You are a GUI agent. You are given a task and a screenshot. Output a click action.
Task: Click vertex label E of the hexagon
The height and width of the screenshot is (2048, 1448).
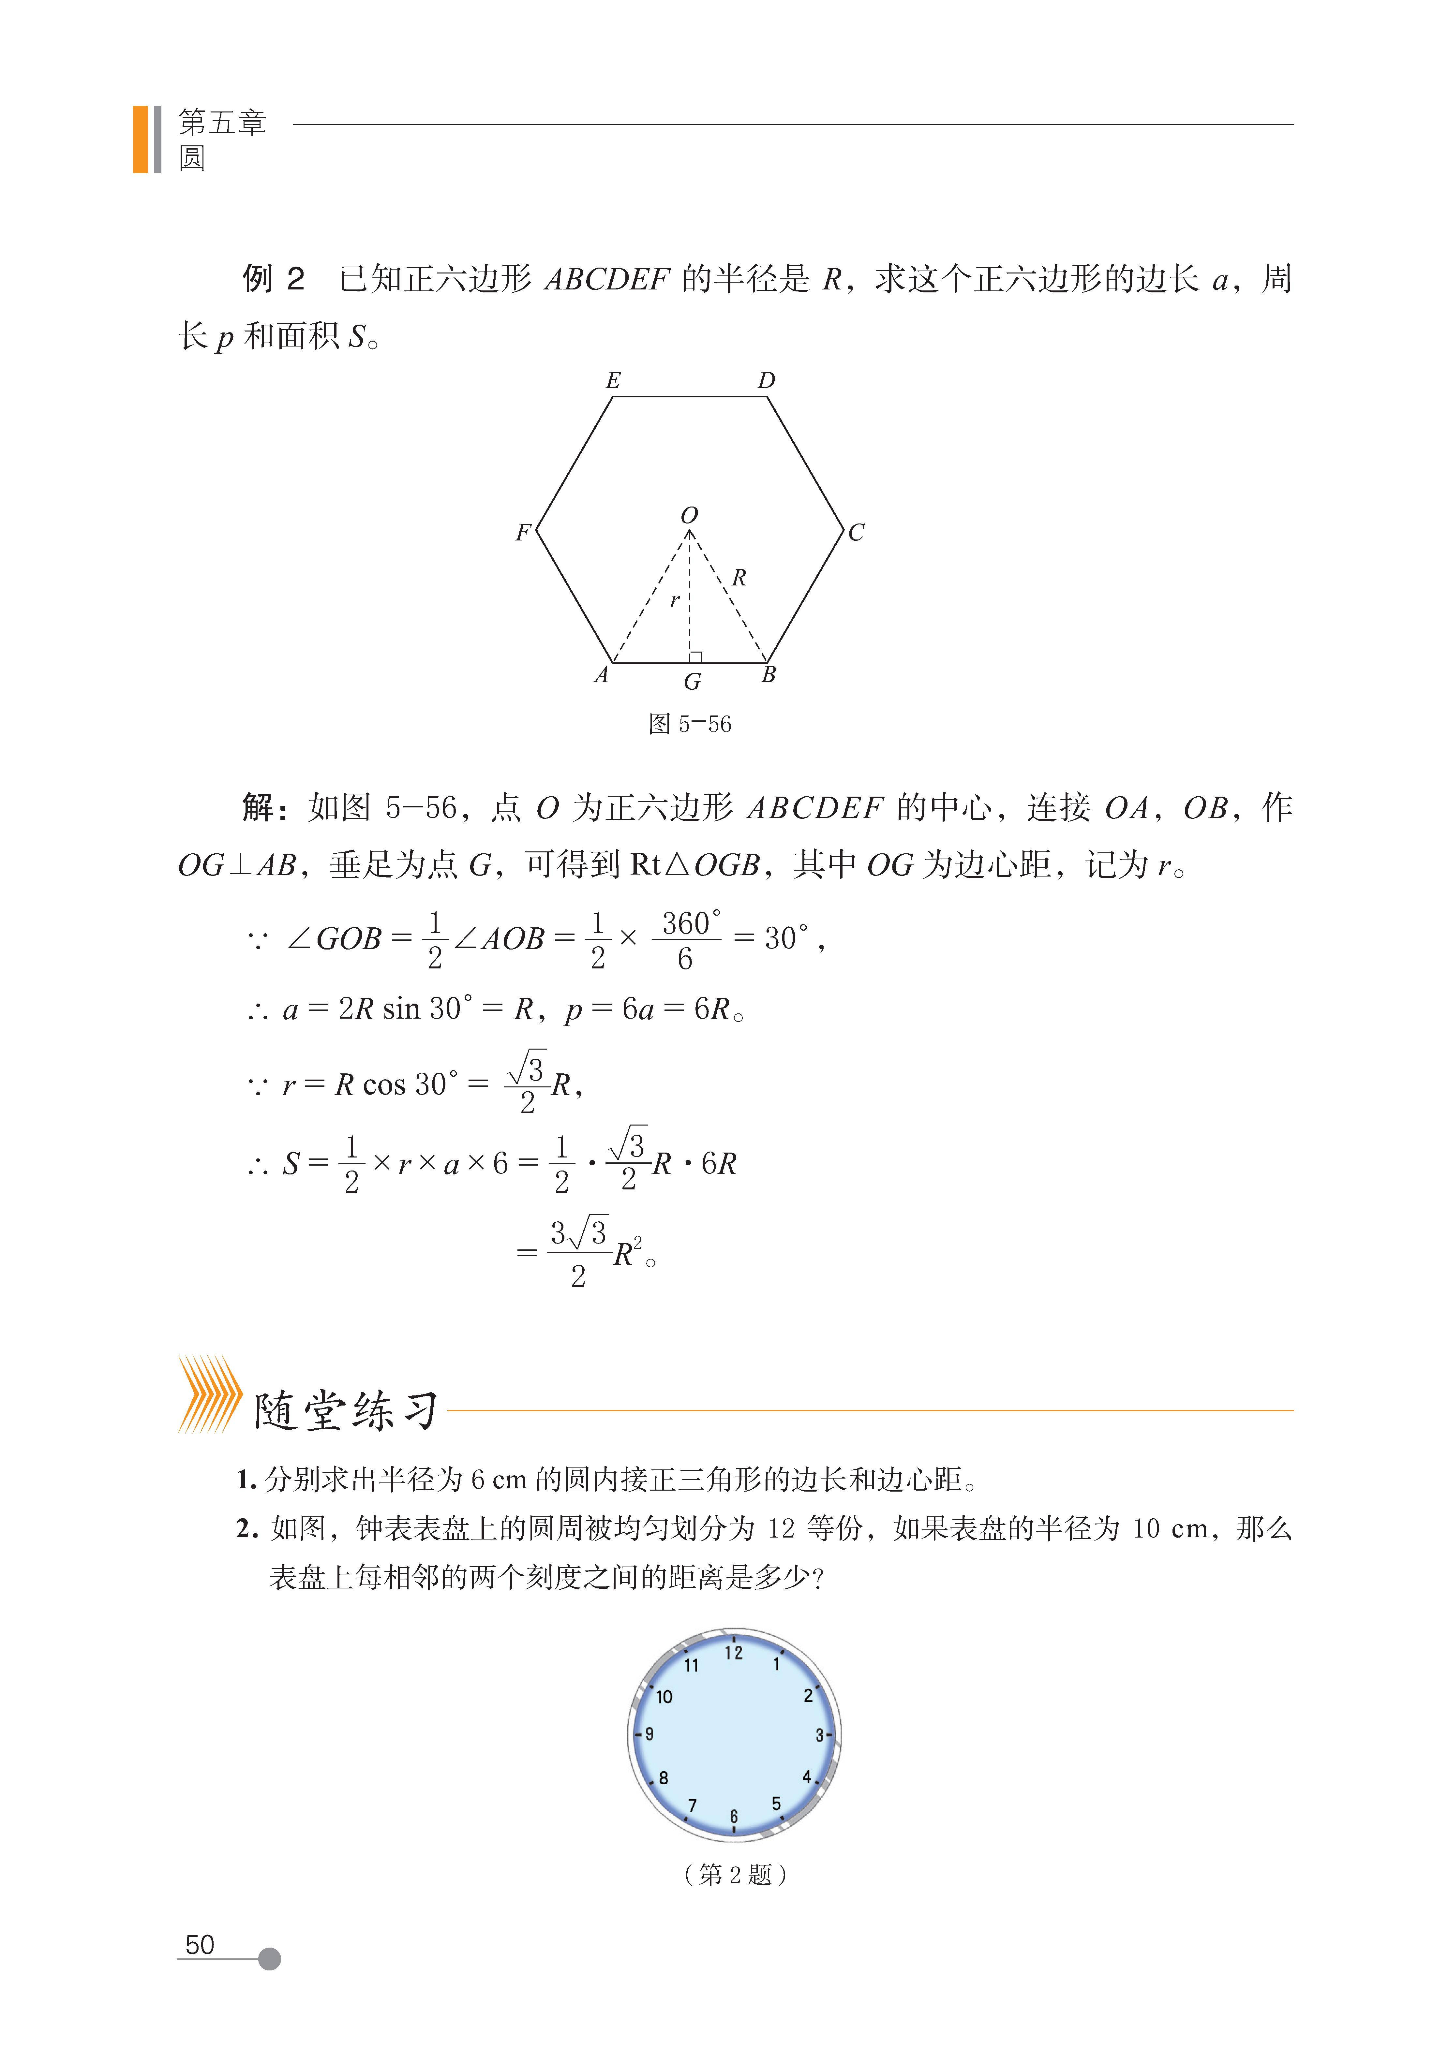point(613,381)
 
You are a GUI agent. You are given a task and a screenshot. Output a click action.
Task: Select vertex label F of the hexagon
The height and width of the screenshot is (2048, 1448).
point(523,533)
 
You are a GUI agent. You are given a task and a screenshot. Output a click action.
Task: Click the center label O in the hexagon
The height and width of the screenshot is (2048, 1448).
point(689,516)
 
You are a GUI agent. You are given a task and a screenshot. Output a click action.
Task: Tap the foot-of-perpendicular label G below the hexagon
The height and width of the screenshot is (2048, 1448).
point(692,682)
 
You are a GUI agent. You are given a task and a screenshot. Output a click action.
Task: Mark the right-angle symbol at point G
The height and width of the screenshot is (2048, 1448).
point(696,657)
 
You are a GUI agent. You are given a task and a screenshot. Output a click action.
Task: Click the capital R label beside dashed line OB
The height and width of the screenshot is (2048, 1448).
point(739,578)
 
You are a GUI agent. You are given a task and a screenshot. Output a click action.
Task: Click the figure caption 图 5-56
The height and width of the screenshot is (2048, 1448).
point(690,724)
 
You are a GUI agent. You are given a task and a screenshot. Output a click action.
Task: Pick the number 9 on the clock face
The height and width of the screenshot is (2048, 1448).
point(649,1734)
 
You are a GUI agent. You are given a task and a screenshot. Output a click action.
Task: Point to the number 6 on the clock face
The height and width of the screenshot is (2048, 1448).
point(733,1816)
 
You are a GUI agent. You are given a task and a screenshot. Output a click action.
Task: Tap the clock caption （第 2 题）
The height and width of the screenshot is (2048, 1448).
point(734,1874)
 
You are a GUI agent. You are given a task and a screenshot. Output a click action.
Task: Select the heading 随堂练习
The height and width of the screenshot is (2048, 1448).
point(346,1412)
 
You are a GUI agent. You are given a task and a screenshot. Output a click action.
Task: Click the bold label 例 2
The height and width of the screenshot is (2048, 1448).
point(273,279)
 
